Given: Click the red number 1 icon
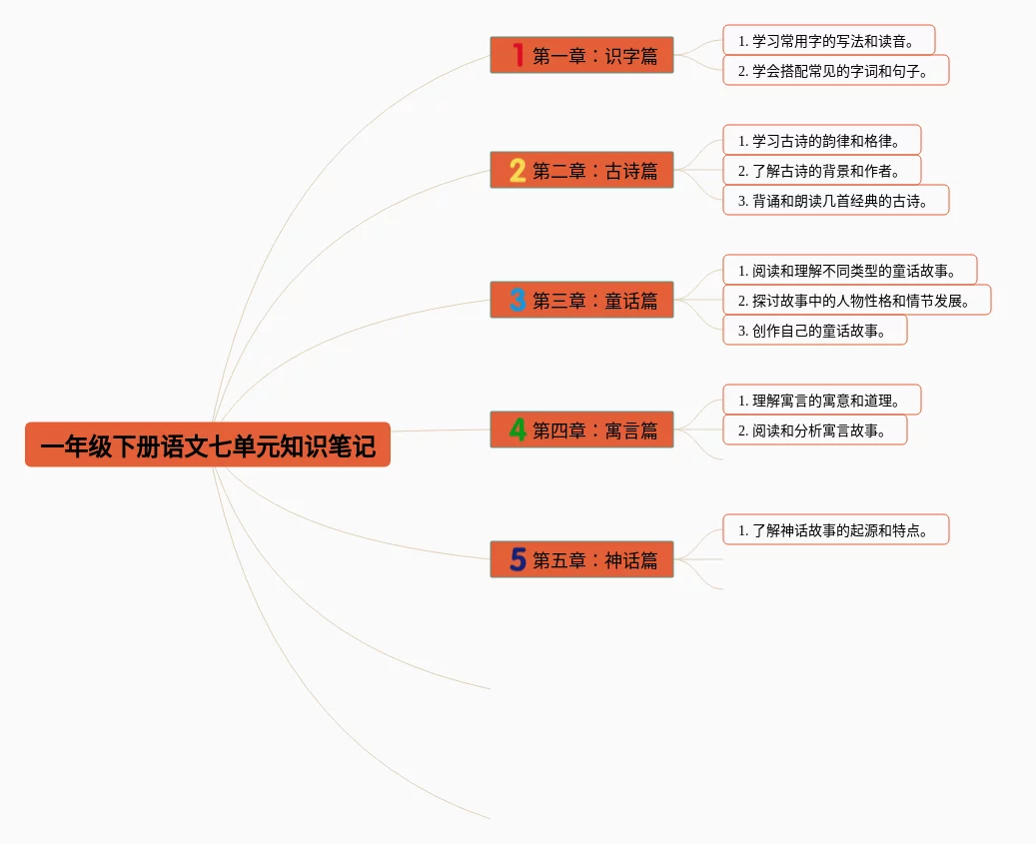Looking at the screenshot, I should pos(518,56).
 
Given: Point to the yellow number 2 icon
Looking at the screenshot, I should pos(518,171).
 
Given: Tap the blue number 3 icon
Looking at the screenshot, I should pos(518,301).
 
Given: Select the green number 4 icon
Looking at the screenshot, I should pos(518,430).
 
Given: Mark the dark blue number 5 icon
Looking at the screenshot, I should pos(518,560).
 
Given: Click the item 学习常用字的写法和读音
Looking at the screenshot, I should pos(828,41).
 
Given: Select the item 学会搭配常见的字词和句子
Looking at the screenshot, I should pos(835,71).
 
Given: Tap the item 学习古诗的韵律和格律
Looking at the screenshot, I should pos(821,141).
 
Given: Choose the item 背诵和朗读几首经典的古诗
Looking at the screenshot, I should pos(835,201).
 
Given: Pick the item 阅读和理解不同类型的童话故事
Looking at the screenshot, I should pos(849,271).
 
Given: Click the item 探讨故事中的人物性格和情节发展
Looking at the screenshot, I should pos(856,301).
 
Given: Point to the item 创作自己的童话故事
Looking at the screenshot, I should pos(814,331).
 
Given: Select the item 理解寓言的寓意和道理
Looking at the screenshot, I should pos(821,401).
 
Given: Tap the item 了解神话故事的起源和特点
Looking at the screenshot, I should pos(835,530).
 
